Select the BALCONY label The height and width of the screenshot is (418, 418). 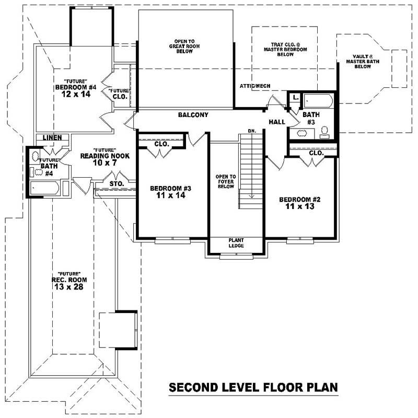tap(193, 115)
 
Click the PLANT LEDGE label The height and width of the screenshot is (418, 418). tap(236, 243)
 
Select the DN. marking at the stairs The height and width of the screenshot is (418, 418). tap(251, 130)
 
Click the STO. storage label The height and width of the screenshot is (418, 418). tap(116, 183)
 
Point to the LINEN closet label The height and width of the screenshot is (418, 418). tap(53, 138)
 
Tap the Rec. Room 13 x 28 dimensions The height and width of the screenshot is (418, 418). tap(68, 287)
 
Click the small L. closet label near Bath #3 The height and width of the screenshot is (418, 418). tap(295, 98)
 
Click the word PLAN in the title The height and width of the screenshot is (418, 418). tap(319, 388)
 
